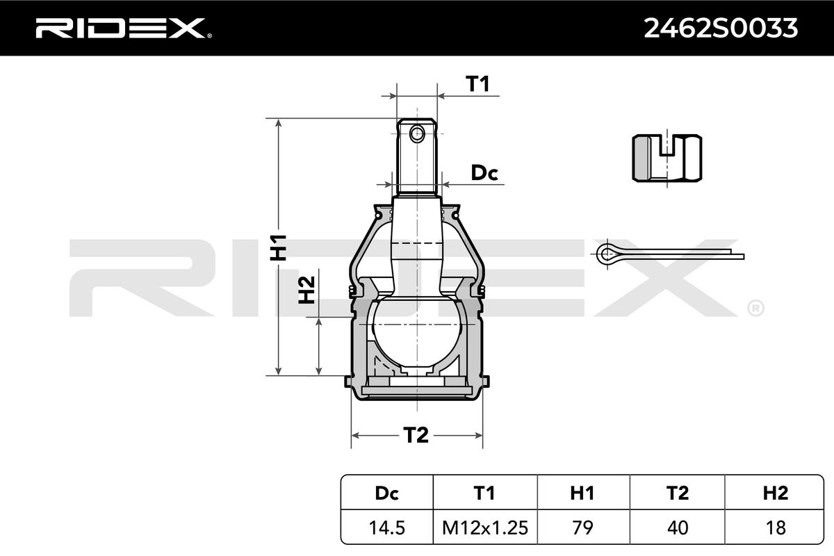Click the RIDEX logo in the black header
[x=124, y=28]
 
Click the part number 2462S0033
[x=721, y=28]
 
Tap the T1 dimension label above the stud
[x=477, y=83]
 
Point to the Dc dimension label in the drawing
[x=484, y=173]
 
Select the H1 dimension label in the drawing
[x=278, y=247]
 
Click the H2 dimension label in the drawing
[x=306, y=290]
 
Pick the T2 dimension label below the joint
[x=416, y=435]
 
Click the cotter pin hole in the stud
[x=416, y=133]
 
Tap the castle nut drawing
[x=667, y=158]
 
